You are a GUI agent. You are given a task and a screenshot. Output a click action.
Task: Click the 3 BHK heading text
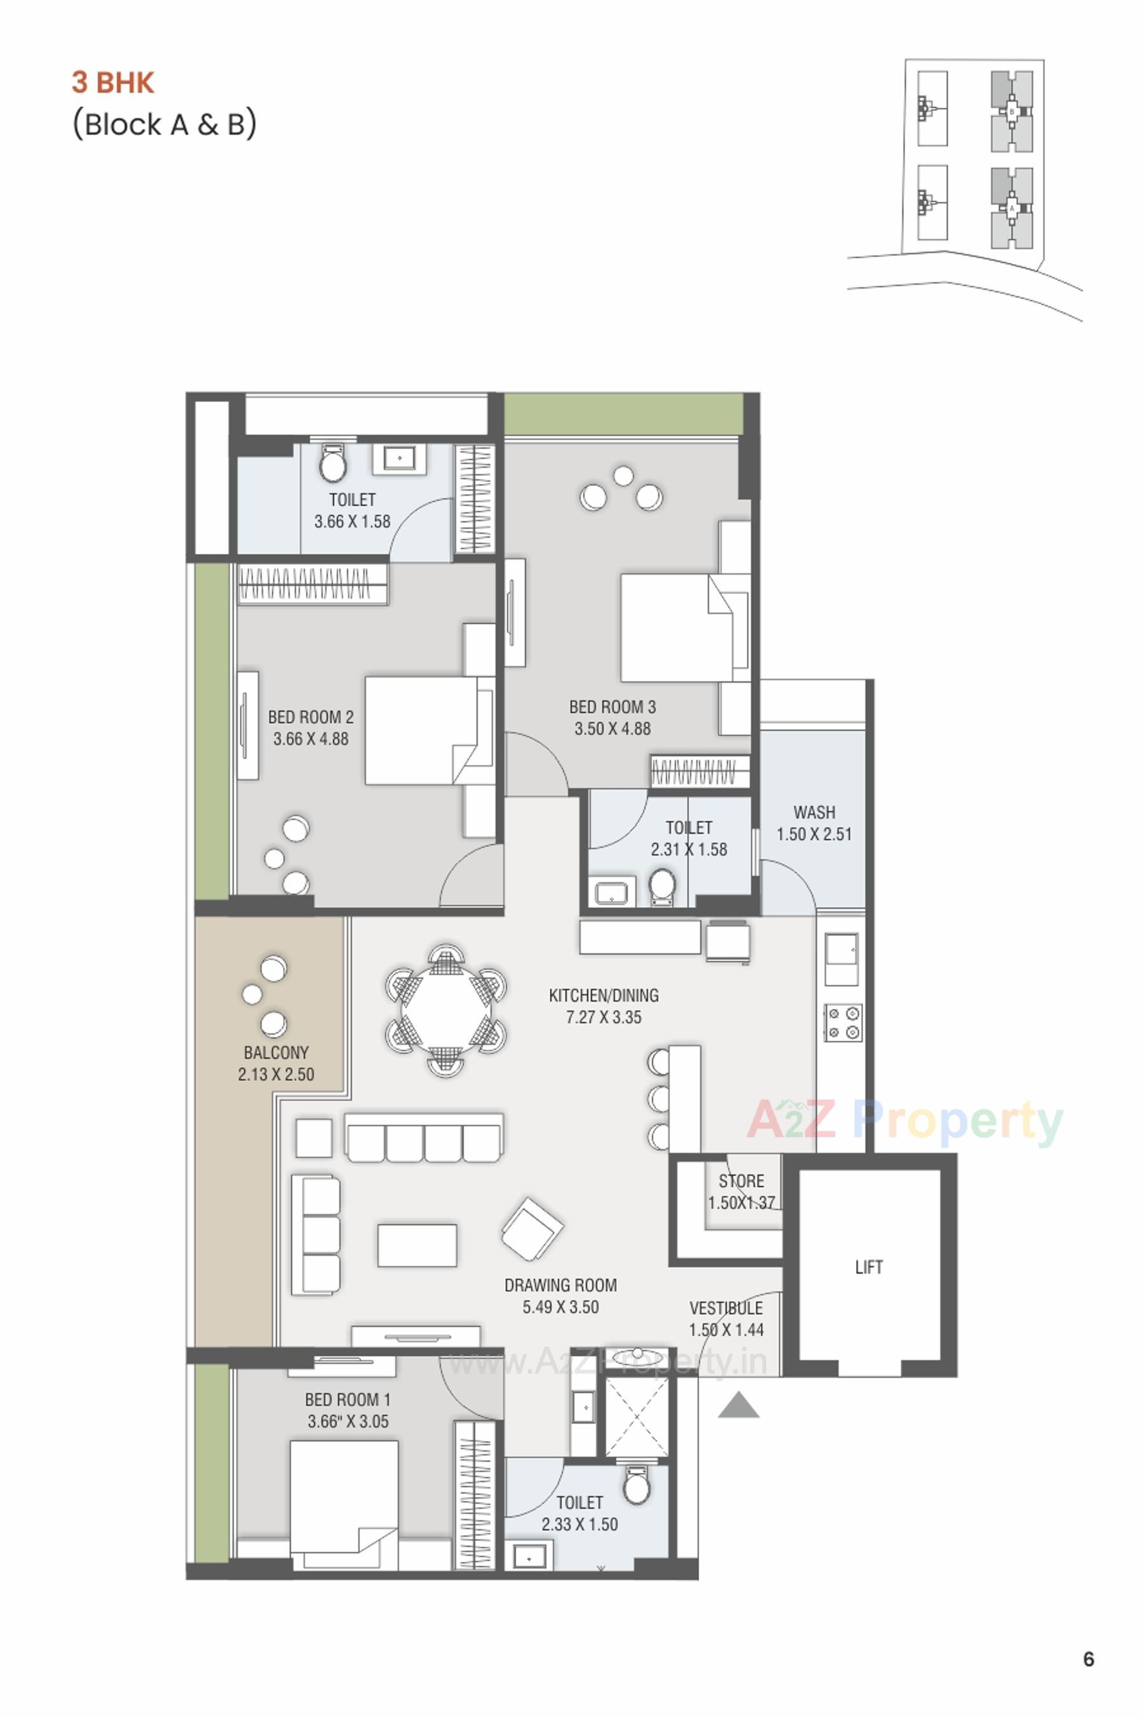pyautogui.click(x=113, y=83)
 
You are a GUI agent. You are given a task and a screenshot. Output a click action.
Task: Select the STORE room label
pyautogui.click(x=741, y=1181)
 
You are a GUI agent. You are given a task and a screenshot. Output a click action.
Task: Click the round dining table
pyautogui.click(x=445, y=1010)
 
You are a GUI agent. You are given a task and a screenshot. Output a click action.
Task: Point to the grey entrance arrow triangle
pyautogui.click(x=738, y=1405)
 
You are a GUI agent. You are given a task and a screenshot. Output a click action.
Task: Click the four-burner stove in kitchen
pyautogui.click(x=843, y=1022)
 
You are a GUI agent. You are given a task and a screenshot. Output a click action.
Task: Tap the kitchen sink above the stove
pyautogui.click(x=841, y=958)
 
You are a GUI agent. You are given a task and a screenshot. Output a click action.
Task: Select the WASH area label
pyautogui.click(x=815, y=812)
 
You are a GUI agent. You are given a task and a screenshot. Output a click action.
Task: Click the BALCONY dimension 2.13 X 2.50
pyautogui.click(x=276, y=1074)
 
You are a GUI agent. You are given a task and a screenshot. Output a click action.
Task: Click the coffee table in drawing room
pyautogui.click(x=417, y=1245)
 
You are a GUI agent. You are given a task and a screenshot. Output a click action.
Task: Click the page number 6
pyautogui.click(x=1088, y=1659)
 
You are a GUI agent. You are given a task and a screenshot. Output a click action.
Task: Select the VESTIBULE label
pyautogui.click(x=726, y=1308)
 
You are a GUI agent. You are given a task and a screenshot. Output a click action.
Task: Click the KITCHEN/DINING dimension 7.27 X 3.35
pyautogui.click(x=604, y=1017)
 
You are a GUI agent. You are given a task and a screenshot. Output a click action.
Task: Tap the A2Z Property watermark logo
pyautogui.click(x=905, y=1121)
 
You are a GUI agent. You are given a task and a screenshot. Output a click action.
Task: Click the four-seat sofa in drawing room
pyautogui.click(x=424, y=1137)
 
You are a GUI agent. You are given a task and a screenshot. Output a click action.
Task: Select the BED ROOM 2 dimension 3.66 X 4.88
pyautogui.click(x=311, y=739)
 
